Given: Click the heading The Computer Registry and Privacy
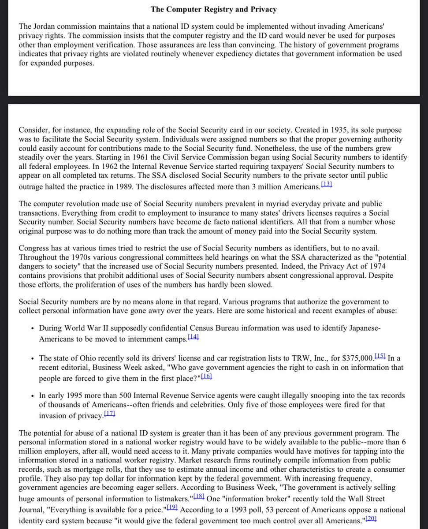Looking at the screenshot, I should pyautogui.click(x=214, y=9).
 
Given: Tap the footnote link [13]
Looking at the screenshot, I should pyautogui.click(x=326, y=185).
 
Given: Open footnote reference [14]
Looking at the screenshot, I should pyautogui.click(x=194, y=337).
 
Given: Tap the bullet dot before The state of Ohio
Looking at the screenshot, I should pyautogui.click(x=33, y=358).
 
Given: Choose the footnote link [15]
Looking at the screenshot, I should pyautogui.click(x=380, y=357).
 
